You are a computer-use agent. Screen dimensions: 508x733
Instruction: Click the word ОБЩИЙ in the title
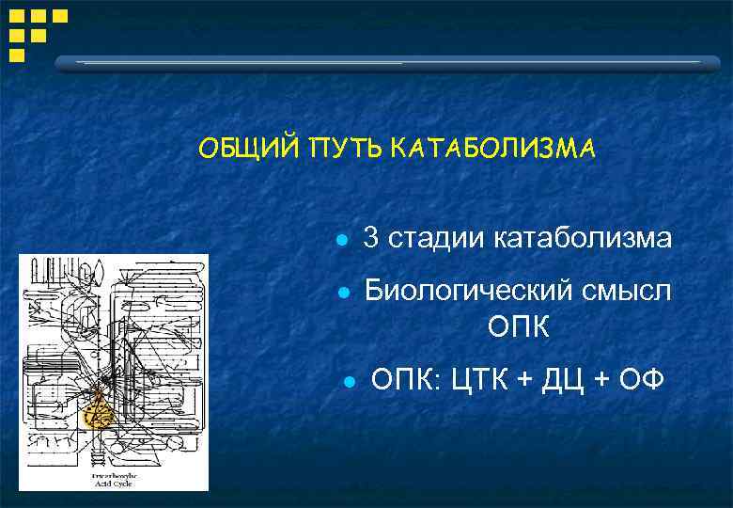click(x=241, y=150)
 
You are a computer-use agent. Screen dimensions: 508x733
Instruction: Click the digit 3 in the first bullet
click(x=371, y=239)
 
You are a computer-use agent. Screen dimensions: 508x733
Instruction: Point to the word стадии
click(x=435, y=239)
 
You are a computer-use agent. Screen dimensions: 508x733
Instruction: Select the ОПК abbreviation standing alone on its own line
click(x=519, y=328)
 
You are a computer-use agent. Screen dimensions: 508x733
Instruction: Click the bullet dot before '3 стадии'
click(x=345, y=241)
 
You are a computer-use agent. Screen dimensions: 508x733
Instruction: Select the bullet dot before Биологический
click(x=345, y=293)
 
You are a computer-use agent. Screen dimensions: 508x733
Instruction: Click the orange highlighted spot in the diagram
click(x=98, y=411)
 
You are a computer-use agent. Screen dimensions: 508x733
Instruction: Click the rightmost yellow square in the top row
click(x=59, y=16)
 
